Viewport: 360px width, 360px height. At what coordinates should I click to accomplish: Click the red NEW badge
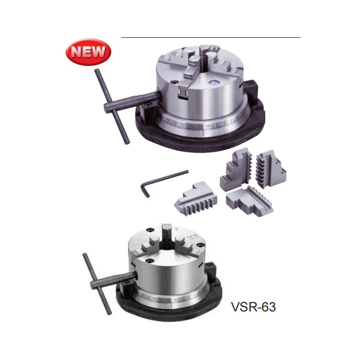[88, 52]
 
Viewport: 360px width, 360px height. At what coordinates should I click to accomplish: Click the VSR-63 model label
[253, 307]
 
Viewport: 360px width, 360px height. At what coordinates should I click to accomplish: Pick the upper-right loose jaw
[271, 168]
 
